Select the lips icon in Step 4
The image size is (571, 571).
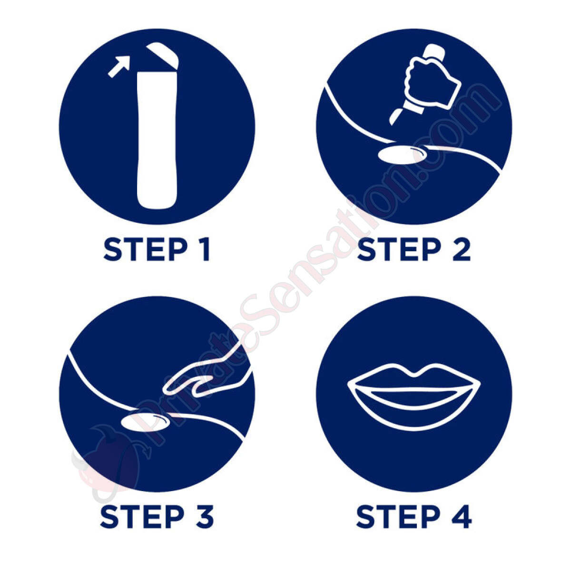coord(414,397)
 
